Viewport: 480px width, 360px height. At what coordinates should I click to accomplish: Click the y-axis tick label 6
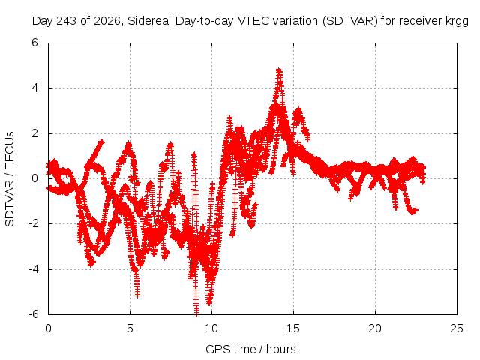coord(35,43)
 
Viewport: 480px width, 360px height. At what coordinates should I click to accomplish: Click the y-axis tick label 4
coord(35,88)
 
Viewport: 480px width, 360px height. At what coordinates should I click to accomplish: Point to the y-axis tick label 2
coord(35,133)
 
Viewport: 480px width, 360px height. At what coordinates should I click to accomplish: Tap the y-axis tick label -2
coord(33,223)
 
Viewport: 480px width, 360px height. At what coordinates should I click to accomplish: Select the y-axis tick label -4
coord(33,269)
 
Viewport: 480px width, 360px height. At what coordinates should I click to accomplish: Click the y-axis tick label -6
coord(33,314)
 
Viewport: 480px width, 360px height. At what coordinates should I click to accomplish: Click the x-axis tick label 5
coord(130,328)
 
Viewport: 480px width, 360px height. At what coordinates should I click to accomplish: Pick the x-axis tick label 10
coord(211,328)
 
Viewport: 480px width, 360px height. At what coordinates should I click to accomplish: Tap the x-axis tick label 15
coord(293,328)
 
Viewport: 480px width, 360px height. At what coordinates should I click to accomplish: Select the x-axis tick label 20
coord(375,328)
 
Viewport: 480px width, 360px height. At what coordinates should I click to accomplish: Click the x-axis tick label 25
coord(457,328)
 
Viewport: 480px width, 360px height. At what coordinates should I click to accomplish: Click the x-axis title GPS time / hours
coord(250,349)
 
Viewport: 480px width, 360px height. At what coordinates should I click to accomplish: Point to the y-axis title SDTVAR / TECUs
coord(10,179)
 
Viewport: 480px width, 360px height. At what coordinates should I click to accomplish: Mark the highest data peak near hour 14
coord(279,70)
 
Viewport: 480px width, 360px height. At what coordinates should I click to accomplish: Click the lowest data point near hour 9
coord(196,313)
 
